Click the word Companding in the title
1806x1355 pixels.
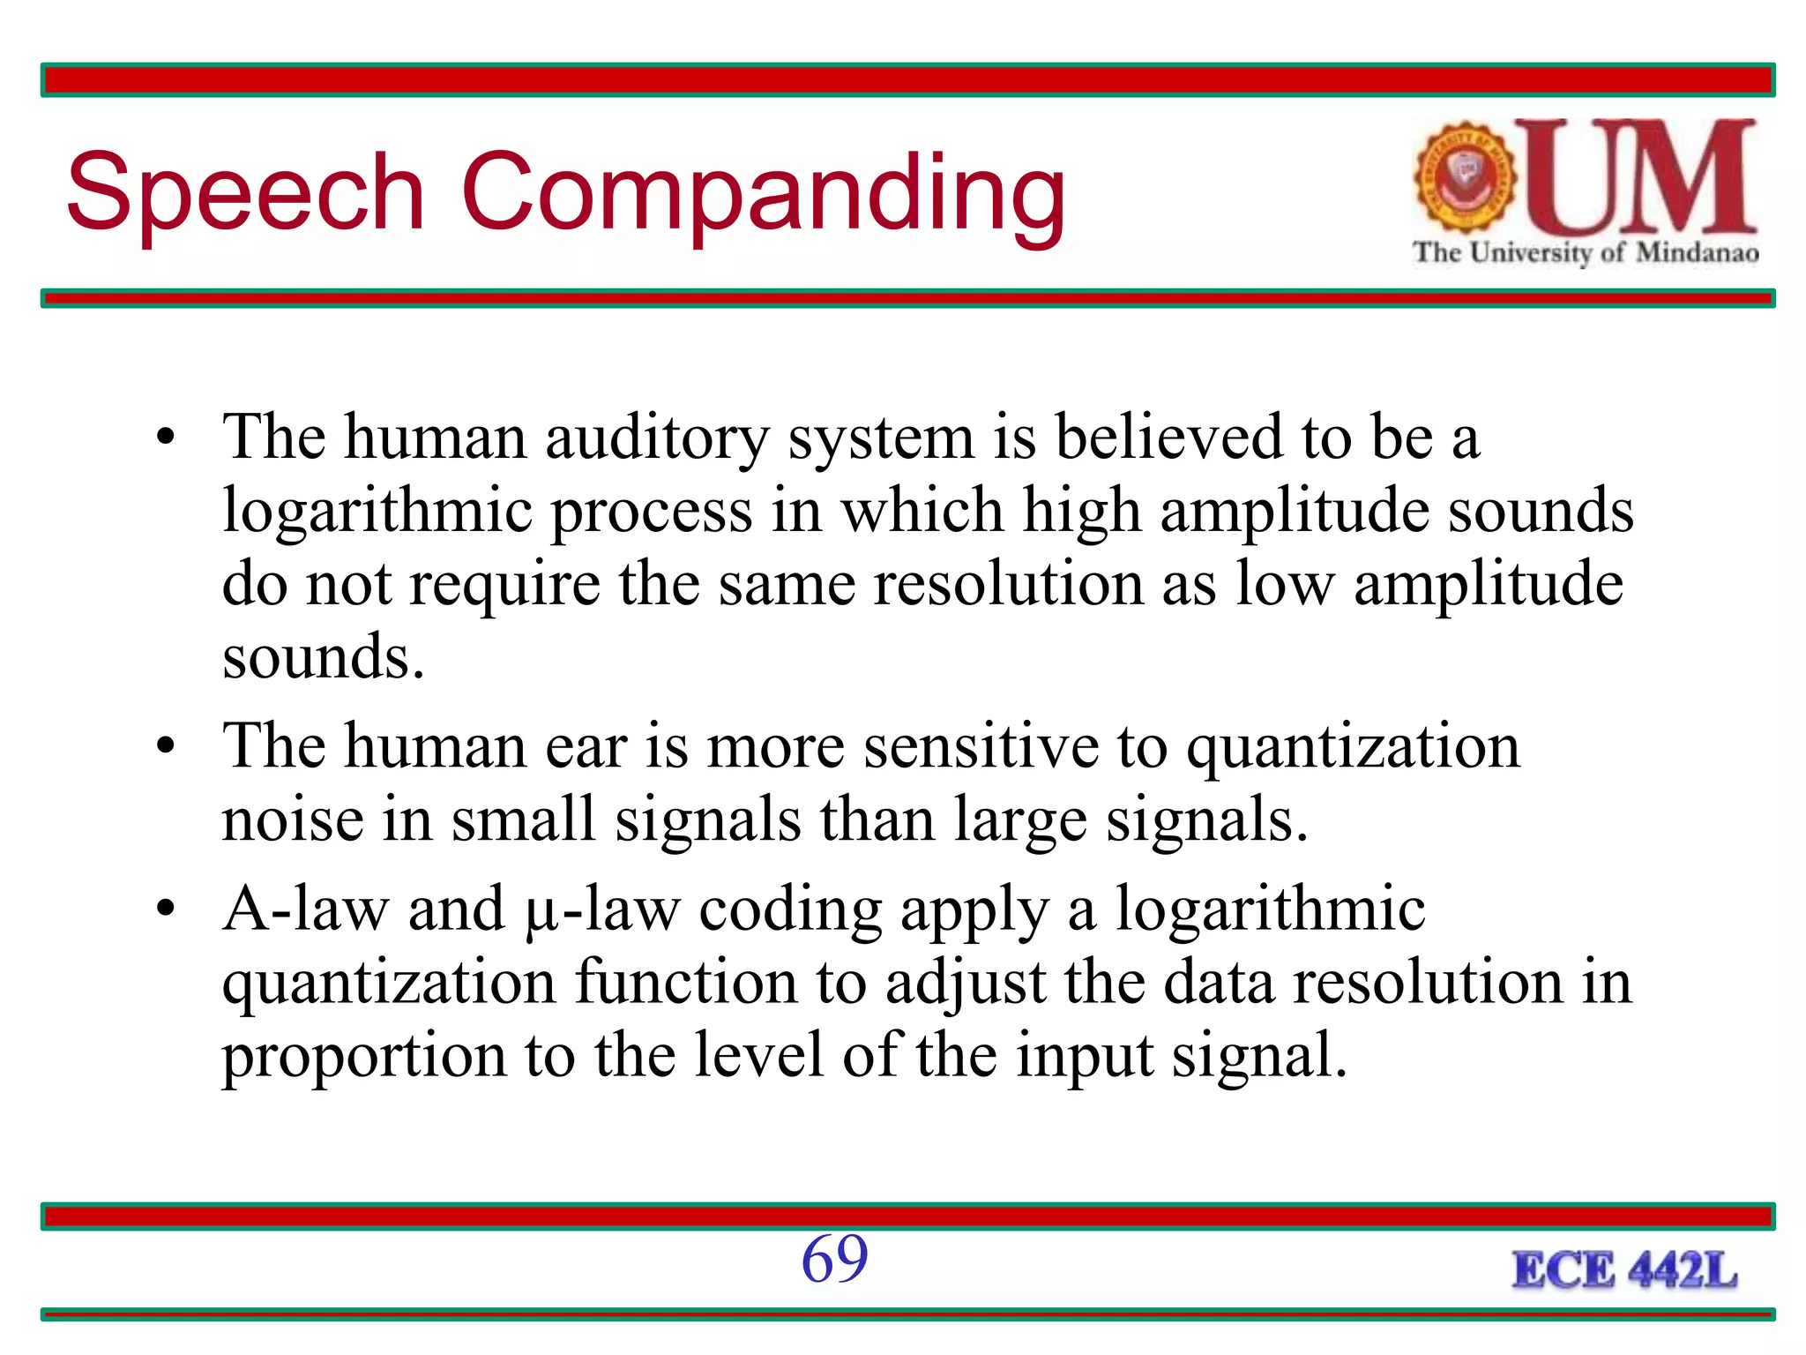[763, 196]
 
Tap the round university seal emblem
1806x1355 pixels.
[1465, 177]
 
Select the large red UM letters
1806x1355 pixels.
[1645, 176]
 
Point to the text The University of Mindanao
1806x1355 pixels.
[1586, 253]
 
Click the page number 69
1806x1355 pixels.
[834, 1259]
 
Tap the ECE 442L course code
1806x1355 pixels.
[1624, 1271]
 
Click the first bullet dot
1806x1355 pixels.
[165, 438]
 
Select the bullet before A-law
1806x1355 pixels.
[165, 910]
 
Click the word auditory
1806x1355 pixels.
[657, 438]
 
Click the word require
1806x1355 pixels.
[505, 586]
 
